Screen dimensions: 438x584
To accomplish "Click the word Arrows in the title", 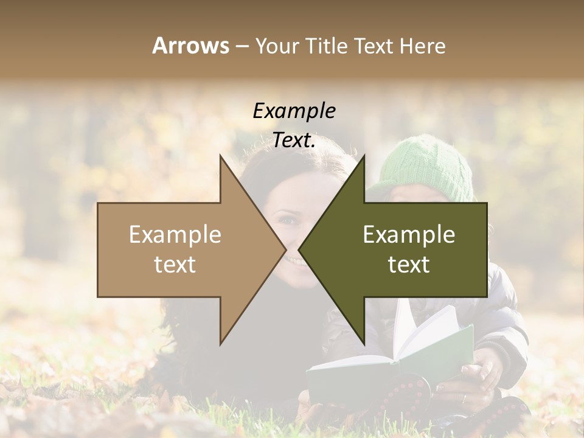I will coord(190,46).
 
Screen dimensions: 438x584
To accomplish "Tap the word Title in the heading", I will coord(327,46).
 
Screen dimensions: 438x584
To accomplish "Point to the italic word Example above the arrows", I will coord(294,111).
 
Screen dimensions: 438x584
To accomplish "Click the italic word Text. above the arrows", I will coord(294,141).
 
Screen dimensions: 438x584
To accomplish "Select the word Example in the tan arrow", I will coord(175,234).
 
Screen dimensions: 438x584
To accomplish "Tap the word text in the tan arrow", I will coord(175,265).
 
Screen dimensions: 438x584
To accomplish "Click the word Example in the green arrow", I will coord(409,234).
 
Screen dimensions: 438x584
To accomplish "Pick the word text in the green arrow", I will coord(409,265).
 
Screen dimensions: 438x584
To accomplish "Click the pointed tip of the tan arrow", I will coord(285,249).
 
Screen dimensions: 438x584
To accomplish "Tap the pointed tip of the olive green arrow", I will coord(300,249).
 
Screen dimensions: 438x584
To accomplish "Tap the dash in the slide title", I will coord(242,46).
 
